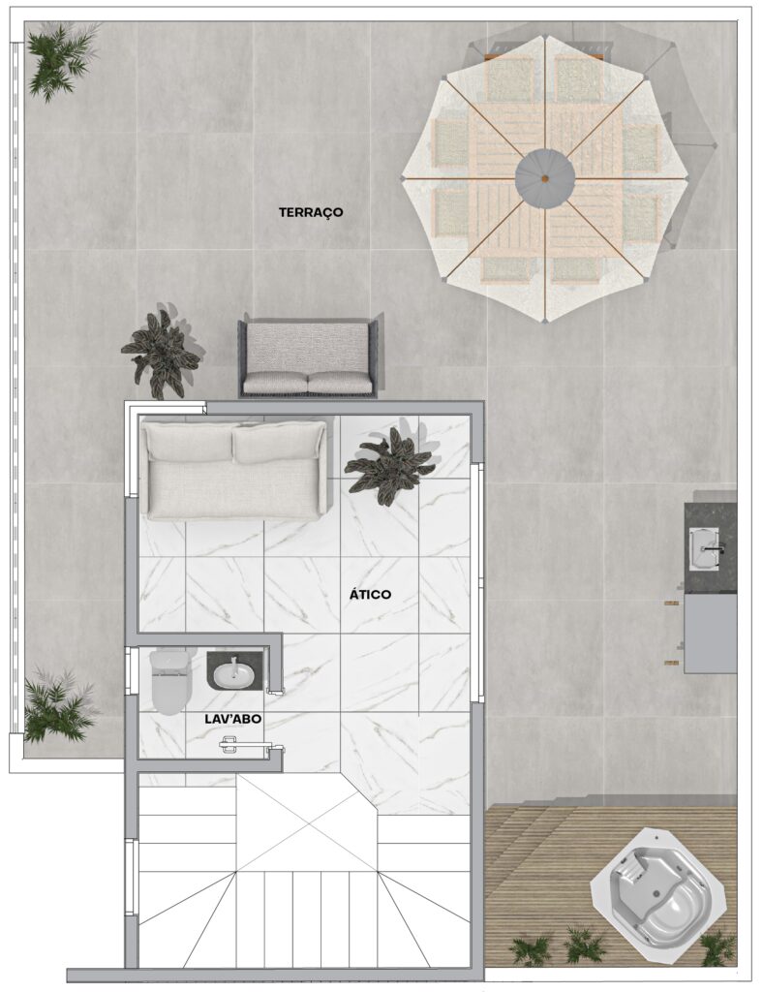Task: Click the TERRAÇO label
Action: [x=311, y=212]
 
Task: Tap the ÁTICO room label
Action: [x=371, y=595]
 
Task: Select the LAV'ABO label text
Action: [x=232, y=720]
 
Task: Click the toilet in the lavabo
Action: [x=170, y=681]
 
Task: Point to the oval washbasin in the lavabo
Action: [x=234, y=674]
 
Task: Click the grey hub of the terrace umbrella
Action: [x=545, y=178]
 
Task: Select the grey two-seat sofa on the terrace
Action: [x=308, y=357]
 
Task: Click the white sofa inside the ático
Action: [x=235, y=470]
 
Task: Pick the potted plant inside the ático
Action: [x=389, y=464]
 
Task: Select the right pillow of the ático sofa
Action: [x=279, y=445]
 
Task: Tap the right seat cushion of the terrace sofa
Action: [x=340, y=382]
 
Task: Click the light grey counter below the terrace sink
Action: [x=711, y=634]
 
